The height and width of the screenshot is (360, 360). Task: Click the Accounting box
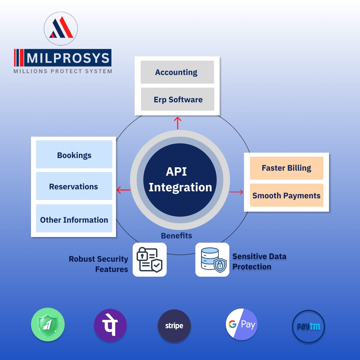click(177, 72)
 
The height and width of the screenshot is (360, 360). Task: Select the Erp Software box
click(177, 99)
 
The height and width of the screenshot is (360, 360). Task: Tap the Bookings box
click(74, 155)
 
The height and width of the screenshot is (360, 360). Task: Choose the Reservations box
click(74, 186)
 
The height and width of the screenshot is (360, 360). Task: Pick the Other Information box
click(74, 219)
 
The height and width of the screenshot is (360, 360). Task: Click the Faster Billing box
click(286, 168)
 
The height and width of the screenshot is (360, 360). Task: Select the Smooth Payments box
click(286, 195)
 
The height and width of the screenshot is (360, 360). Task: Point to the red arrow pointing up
click(178, 123)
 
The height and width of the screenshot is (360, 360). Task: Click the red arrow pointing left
click(123, 190)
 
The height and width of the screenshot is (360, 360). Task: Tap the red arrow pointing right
click(236, 192)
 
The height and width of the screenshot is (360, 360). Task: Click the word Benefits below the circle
click(176, 236)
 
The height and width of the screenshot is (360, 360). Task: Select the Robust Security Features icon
click(150, 260)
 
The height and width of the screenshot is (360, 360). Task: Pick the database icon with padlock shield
click(212, 260)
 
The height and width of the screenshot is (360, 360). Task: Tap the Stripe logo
click(174, 326)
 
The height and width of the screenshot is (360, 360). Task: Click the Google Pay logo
click(242, 324)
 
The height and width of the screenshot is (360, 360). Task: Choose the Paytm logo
click(308, 327)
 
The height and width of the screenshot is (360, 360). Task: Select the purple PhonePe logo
click(110, 325)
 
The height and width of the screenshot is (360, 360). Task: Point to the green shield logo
click(48, 324)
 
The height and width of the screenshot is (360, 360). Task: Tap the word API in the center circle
click(176, 172)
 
